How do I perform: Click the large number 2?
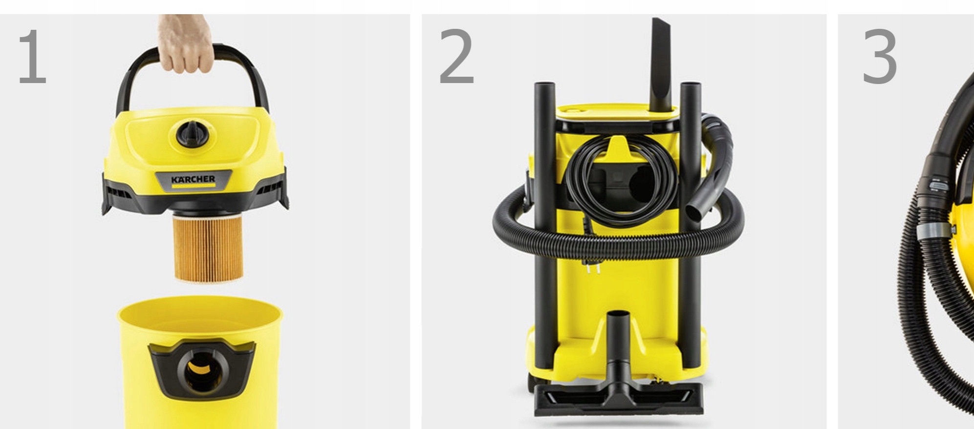456,56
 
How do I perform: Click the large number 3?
879,56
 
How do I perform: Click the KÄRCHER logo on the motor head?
193,180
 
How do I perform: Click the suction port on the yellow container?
201,369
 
